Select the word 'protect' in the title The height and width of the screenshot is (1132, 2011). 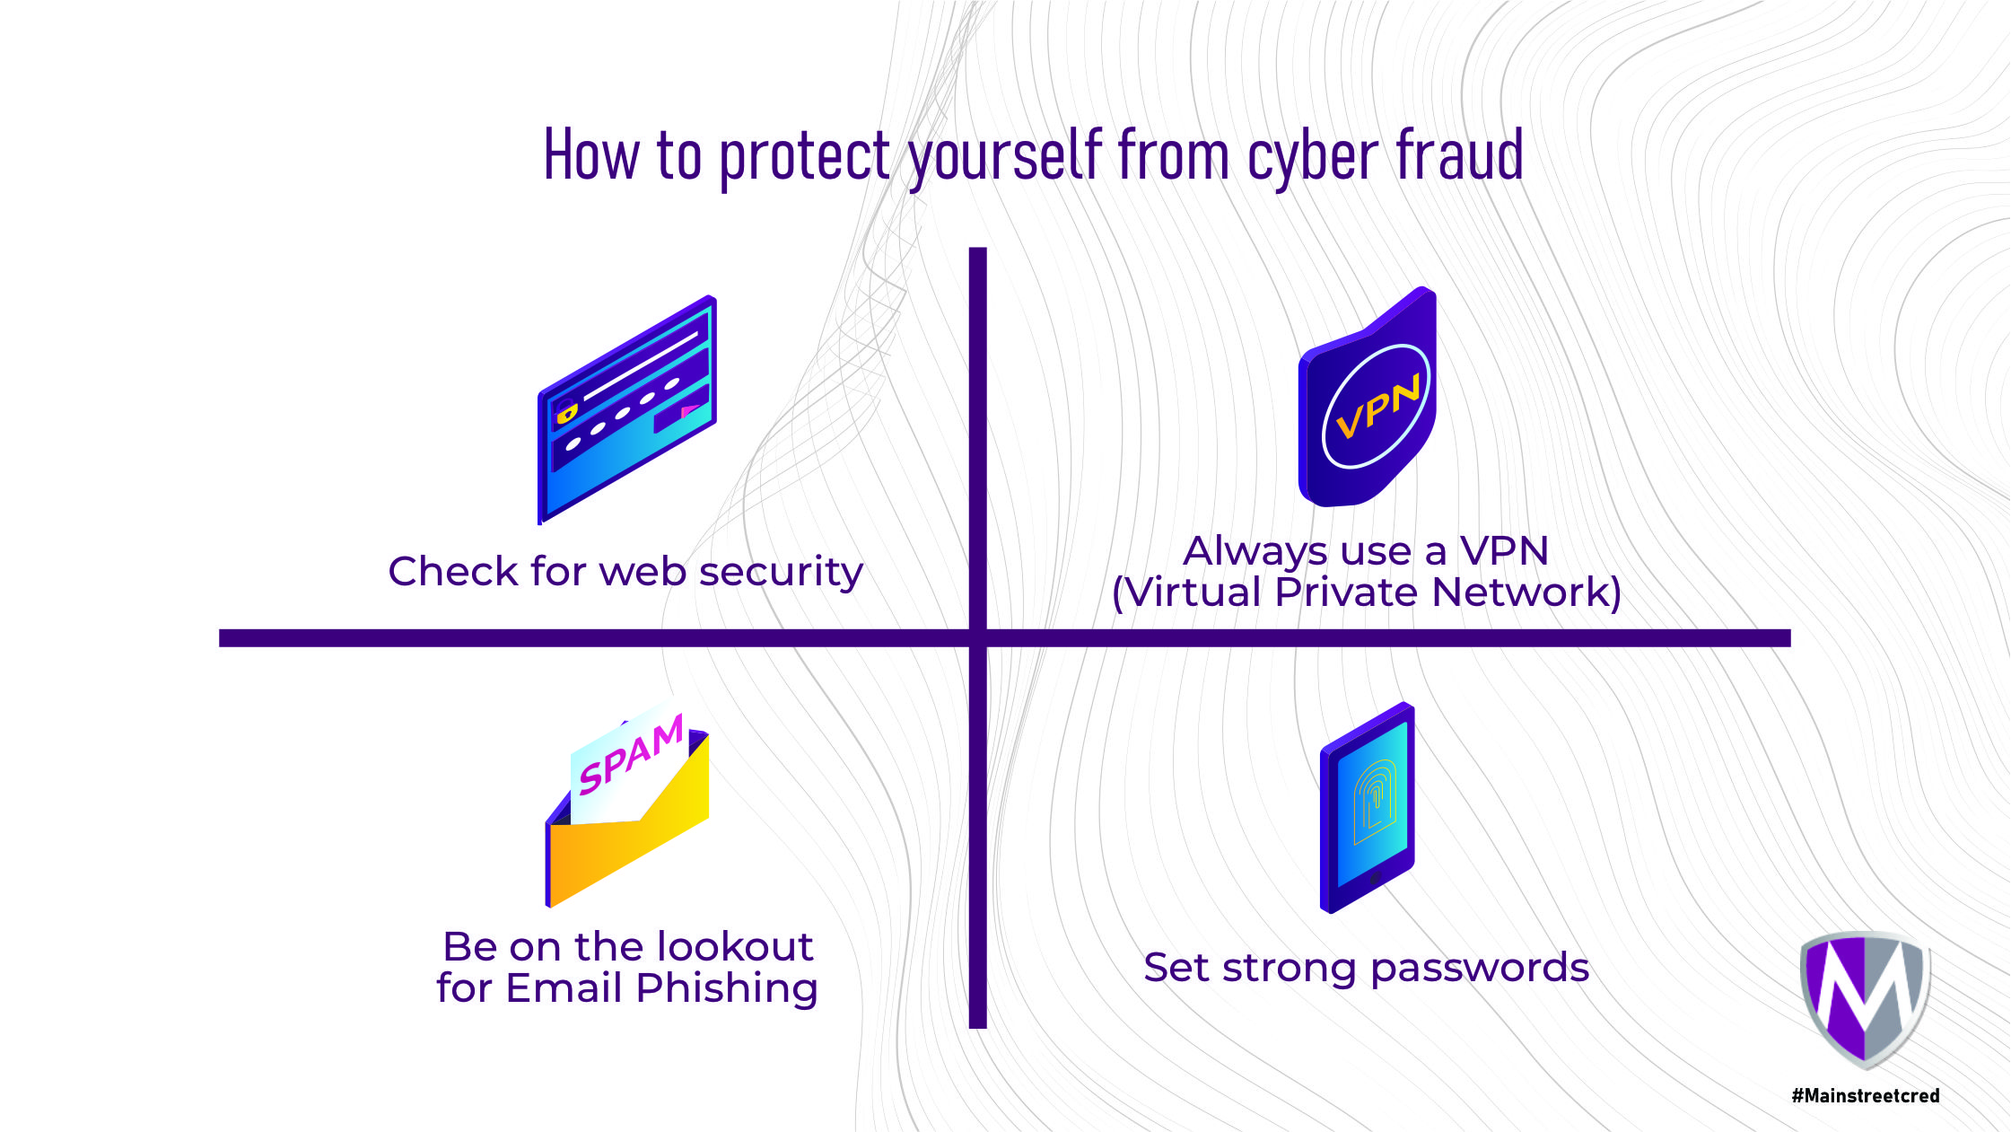point(805,157)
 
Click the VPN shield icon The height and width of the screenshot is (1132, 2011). point(1367,399)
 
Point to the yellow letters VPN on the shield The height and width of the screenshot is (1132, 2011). point(1377,407)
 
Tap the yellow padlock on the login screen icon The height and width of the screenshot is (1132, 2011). point(566,412)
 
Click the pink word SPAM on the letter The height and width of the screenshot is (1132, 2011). point(631,756)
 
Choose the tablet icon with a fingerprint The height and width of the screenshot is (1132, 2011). point(1367,808)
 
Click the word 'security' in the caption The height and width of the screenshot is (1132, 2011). point(781,573)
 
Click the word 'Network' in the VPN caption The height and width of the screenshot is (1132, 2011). point(1526,592)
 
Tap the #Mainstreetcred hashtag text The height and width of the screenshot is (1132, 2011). point(1866,1096)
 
